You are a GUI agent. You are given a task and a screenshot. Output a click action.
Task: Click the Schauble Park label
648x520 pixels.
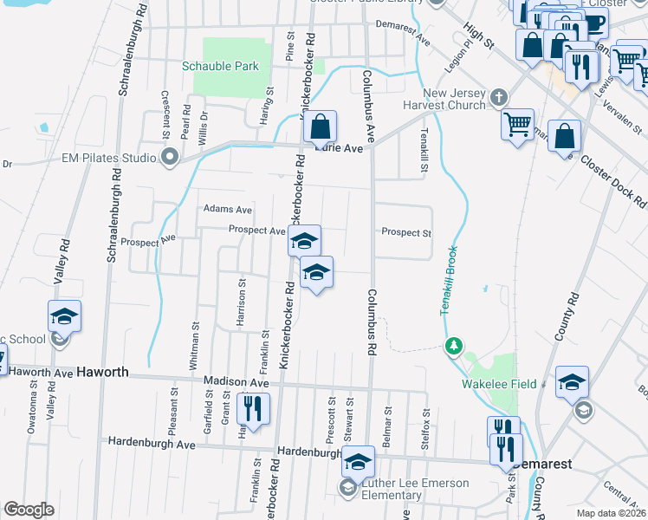(x=220, y=66)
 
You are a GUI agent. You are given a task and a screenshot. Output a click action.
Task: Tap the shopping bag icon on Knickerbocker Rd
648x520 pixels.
(x=320, y=127)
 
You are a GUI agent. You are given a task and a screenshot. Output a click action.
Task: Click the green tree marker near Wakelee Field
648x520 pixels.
(x=452, y=348)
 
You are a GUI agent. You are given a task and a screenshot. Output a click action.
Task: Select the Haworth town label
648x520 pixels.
(x=102, y=372)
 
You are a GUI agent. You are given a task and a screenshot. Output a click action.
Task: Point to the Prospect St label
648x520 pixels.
(x=406, y=232)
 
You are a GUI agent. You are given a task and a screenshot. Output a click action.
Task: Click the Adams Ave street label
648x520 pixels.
(x=227, y=209)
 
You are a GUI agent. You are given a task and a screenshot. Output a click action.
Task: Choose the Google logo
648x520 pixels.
(x=29, y=510)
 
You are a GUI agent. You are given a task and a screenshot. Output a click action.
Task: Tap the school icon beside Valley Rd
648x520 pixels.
(x=64, y=315)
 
